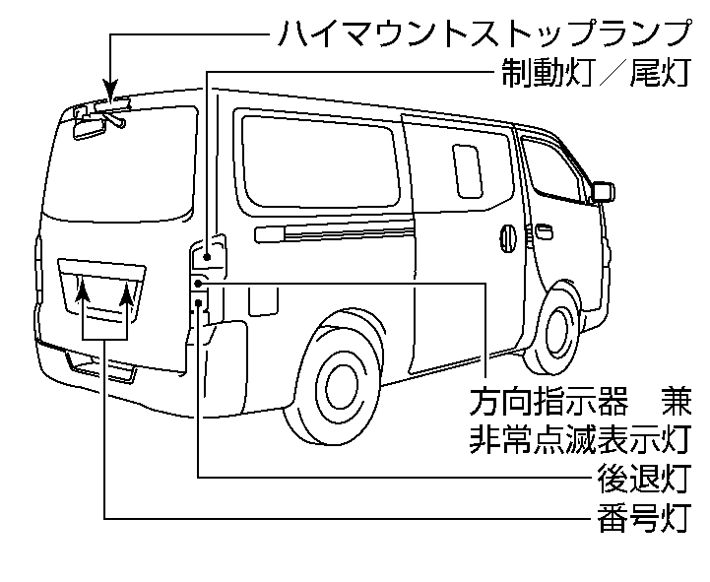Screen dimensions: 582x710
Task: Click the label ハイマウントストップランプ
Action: point(482,33)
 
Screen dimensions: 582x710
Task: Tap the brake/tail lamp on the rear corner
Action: point(209,255)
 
